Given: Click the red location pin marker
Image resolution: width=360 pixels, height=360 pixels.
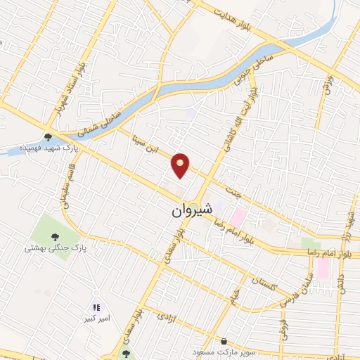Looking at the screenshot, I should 181,165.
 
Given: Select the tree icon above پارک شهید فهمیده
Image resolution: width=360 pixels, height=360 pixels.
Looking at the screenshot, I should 48,137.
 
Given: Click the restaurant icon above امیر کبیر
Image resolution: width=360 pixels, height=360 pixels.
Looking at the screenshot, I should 96,307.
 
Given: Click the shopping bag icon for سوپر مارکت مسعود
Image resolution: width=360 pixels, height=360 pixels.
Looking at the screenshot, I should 223,340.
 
